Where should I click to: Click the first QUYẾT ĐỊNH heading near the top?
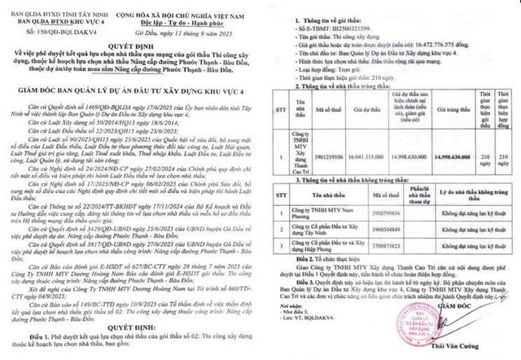coord(130,46)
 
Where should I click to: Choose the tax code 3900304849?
coord(343,229)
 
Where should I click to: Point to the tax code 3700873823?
coord(343,244)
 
